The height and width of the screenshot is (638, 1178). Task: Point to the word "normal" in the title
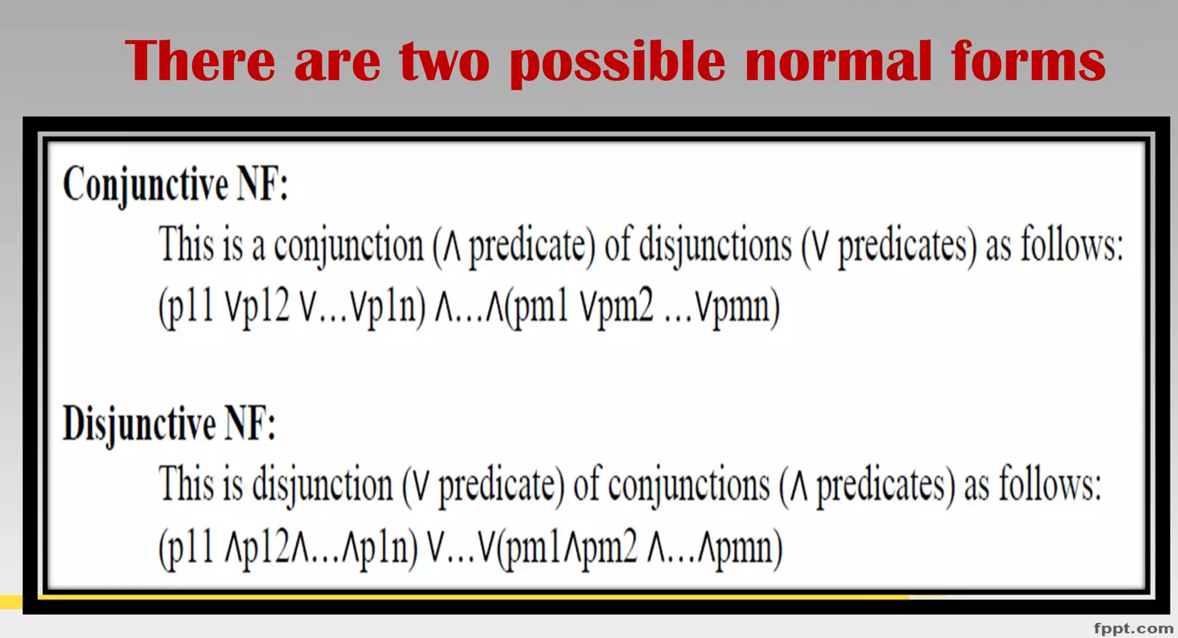838,61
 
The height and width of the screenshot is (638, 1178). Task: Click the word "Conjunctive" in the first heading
146,185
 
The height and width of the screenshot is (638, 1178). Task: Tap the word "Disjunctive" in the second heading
139,424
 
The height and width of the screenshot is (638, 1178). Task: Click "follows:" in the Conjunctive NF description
1072,244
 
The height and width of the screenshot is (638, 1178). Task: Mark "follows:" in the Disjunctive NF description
1050,484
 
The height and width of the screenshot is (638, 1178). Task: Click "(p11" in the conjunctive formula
186,307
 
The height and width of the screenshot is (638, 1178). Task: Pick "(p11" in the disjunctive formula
186,547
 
